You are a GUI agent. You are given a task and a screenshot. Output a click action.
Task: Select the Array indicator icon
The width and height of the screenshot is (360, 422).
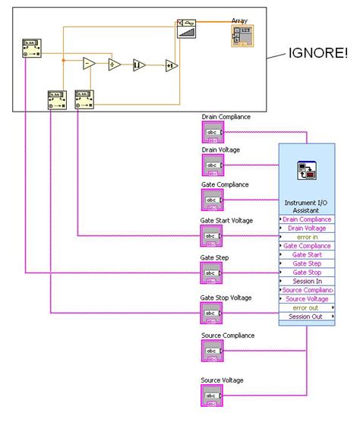coord(240,38)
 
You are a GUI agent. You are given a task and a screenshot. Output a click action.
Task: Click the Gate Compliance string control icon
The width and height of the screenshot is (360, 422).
coord(212,200)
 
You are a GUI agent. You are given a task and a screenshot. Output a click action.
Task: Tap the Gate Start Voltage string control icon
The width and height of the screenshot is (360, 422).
coord(212,237)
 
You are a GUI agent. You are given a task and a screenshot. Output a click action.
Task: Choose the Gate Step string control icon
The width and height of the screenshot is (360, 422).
coord(212,272)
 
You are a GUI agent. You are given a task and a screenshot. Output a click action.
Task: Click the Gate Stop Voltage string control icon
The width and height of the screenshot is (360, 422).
coord(212,312)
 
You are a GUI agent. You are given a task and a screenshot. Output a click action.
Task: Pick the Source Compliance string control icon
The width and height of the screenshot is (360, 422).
coord(212,351)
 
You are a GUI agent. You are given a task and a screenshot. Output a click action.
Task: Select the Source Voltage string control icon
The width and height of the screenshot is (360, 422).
coord(212,395)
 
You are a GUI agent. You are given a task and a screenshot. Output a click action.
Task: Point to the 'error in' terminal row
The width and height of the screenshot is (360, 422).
coord(306,237)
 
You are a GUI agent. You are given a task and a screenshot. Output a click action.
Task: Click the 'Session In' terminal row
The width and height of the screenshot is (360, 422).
coord(306,281)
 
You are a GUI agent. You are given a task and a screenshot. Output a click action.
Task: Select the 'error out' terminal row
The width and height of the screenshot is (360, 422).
coord(306,307)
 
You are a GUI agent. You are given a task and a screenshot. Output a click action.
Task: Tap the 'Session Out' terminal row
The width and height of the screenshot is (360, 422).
coord(306,316)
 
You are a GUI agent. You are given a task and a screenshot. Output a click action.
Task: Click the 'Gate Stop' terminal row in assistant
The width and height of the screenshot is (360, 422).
coord(306,272)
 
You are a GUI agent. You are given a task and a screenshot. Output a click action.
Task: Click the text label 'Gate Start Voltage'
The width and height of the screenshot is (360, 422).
coord(226,221)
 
